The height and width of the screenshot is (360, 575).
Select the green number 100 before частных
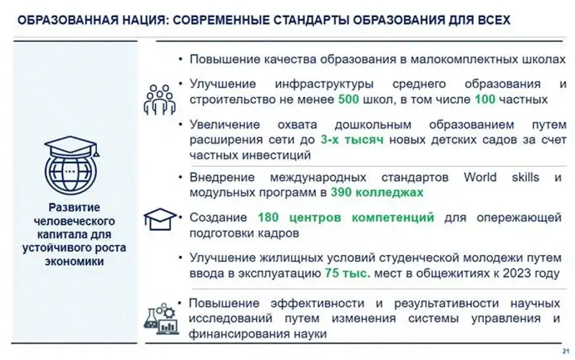click(484, 99)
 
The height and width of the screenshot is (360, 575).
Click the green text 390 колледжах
click(377, 193)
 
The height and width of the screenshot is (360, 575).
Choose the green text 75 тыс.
click(348, 273)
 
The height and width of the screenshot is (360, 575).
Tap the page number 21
click(562, 350)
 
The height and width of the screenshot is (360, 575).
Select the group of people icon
click(159, 99)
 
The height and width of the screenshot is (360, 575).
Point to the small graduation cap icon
click(160, 217)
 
